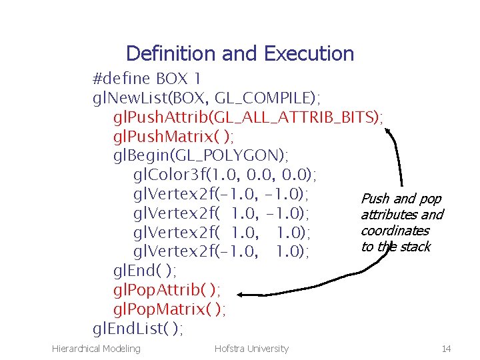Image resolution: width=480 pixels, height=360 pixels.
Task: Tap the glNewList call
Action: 206,99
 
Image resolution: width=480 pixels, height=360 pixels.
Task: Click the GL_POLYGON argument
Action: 231,156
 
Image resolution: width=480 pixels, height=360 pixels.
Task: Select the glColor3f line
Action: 225,175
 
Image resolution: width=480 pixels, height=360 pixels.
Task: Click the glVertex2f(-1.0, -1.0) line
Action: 221,195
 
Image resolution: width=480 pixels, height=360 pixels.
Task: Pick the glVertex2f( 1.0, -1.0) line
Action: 221,213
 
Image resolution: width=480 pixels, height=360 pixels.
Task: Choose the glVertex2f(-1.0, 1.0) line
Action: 221,251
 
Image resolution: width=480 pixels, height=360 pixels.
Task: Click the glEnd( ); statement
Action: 145,271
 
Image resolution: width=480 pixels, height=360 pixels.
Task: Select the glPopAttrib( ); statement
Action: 167,290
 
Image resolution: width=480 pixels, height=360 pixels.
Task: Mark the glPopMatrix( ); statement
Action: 169,309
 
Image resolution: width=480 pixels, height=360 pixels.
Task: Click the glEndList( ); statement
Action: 138,329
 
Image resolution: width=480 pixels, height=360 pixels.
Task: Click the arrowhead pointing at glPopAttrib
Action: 244,294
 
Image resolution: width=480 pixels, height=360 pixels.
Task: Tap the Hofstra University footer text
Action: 251,348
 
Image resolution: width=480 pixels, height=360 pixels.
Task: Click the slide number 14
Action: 445,348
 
